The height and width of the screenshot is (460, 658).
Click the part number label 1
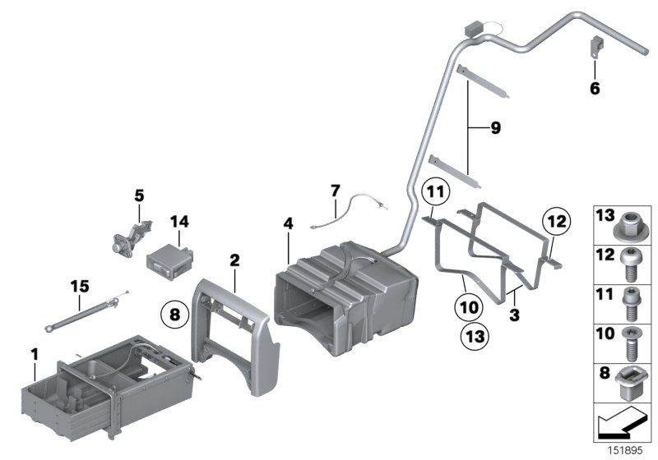click(x=35, y=354)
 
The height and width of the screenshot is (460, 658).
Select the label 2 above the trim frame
click(x=234, y=260)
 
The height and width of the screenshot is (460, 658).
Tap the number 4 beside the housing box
click(x=288, y=223)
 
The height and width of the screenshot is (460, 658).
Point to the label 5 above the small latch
click(x=139, y=195)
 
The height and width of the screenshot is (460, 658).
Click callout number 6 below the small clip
click(x=595, y=88)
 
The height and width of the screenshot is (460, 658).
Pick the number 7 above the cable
click(x=335, y=191)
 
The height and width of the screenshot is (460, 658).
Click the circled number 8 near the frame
click(x=174, y=313)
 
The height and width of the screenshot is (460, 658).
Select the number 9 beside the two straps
click(x=495, y=128)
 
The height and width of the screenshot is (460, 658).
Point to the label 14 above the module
click(x=179, y=221)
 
